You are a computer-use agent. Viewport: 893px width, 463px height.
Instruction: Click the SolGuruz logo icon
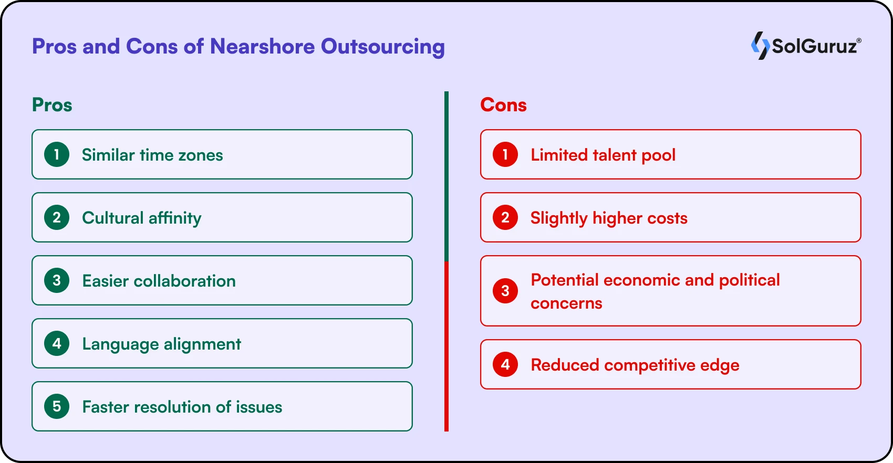point(761,46)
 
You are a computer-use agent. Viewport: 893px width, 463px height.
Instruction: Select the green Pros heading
point(52,105)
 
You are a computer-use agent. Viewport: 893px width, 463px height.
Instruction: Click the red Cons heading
point(504,105)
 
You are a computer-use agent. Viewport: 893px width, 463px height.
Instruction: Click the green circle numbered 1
point(57,154)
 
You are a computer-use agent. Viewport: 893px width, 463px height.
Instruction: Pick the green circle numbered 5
point(57,406)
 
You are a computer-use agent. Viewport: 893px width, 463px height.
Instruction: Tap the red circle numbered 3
point(505,291)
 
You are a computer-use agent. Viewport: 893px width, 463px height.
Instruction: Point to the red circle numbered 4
point(505,364)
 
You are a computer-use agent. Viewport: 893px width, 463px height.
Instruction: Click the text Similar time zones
point(152,155)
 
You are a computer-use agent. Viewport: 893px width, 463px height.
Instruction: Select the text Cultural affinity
point(141,218)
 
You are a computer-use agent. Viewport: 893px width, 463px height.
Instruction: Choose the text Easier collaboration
point(159,281)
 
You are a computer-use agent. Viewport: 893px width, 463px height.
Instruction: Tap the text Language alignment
point(161,344)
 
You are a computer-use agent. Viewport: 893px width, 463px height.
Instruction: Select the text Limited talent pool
point(603,155)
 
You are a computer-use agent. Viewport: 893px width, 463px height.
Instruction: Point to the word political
point(750,280)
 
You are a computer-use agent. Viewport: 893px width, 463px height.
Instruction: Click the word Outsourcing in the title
point(383,47)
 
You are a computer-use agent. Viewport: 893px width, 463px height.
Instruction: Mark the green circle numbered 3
point(57,280)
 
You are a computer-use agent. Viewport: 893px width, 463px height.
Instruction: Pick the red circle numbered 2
point(505,217)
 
